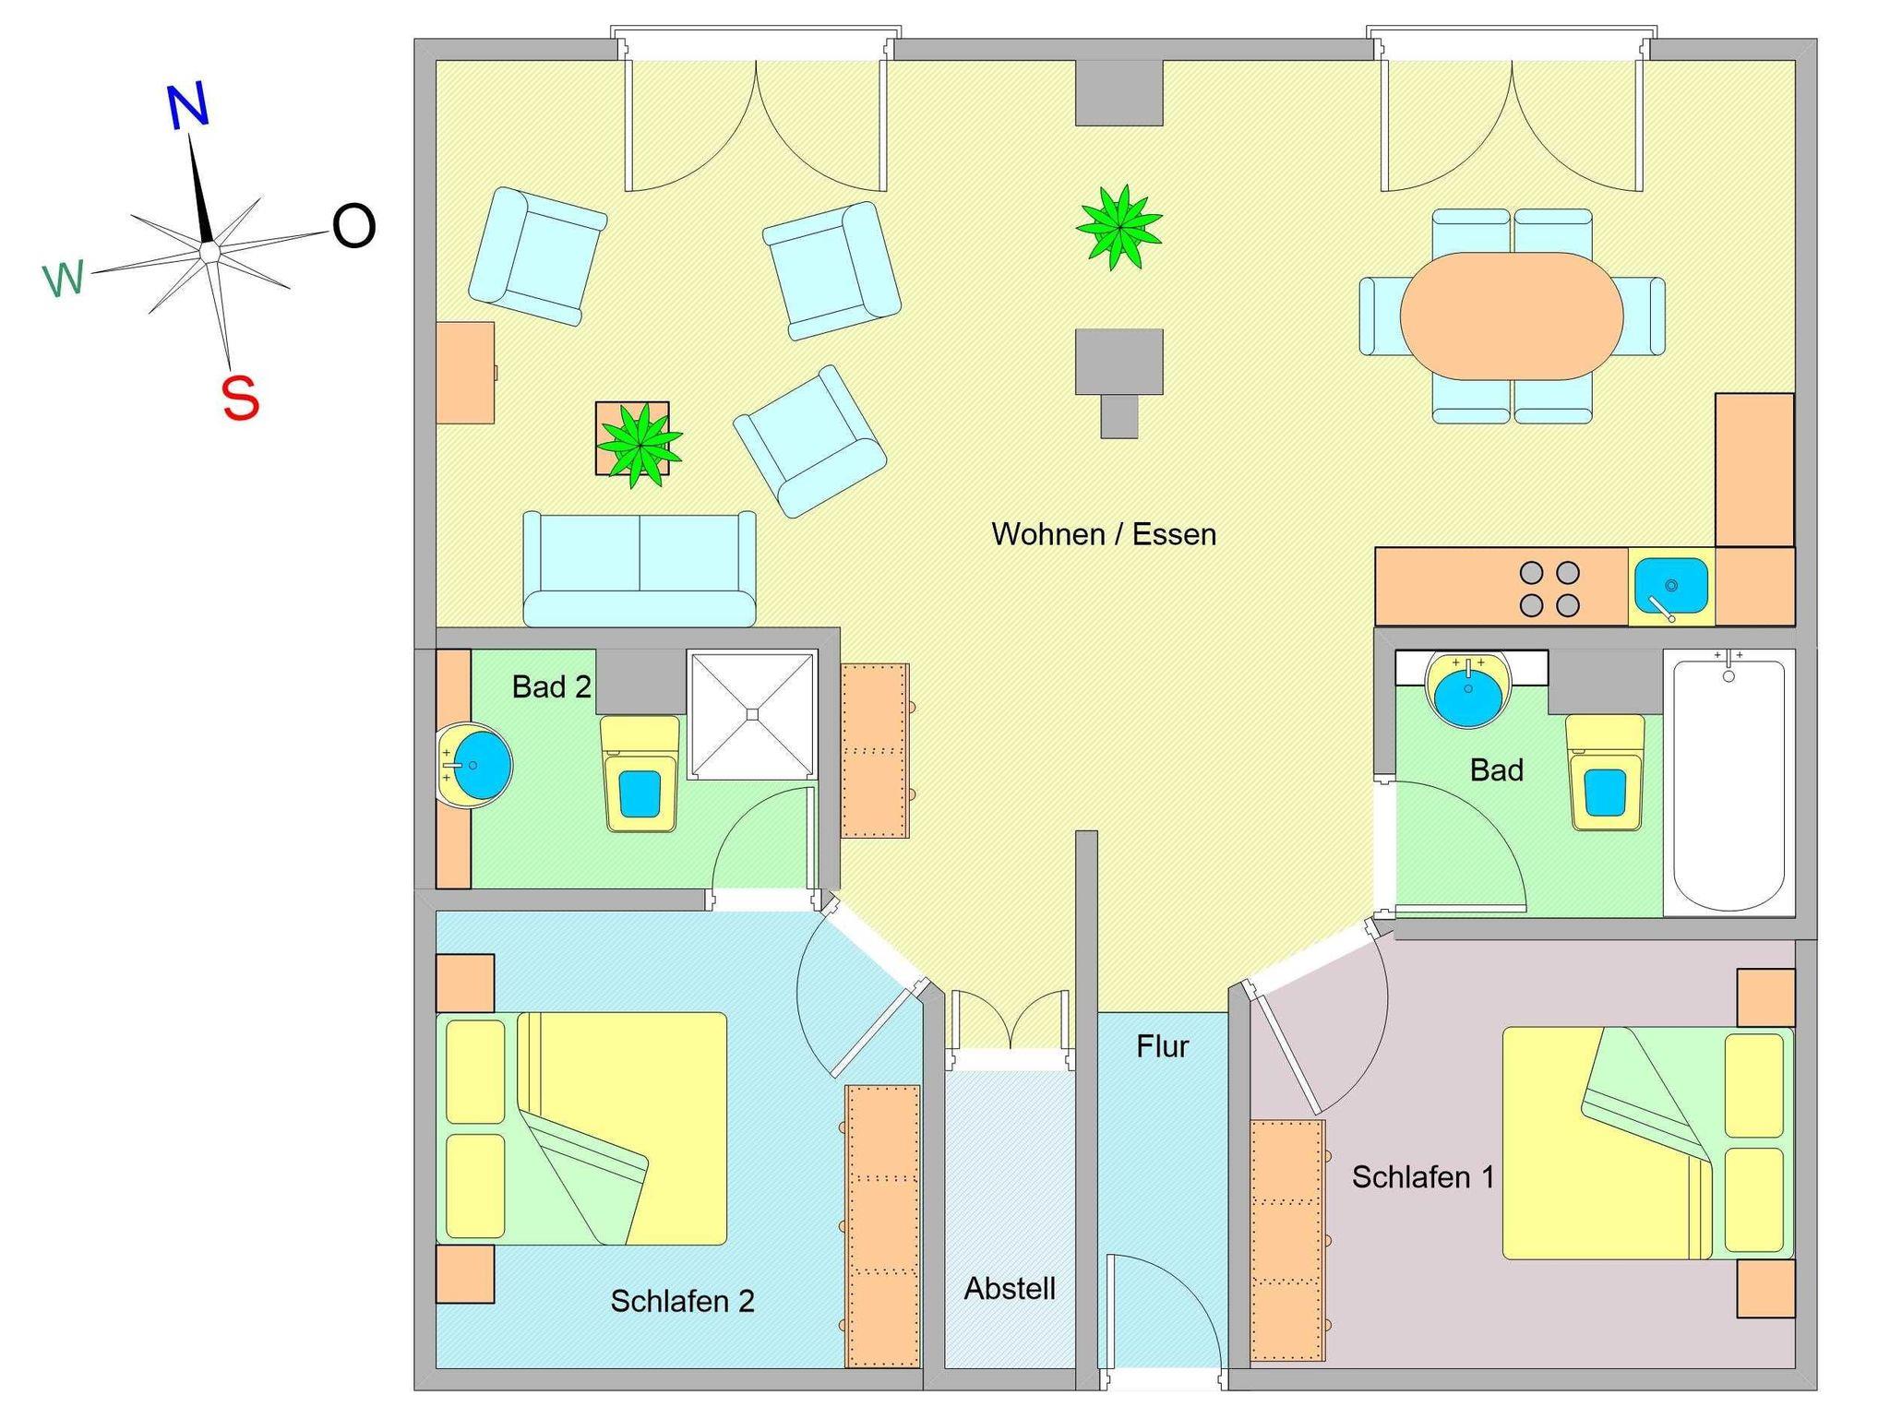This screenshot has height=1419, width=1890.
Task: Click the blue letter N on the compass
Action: (x=188, y=105)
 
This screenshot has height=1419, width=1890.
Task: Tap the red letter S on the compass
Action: (x=240, y=399)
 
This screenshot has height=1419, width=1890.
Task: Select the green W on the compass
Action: (x=64, y=278)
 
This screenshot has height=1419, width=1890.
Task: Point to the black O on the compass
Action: (x=353, y=226)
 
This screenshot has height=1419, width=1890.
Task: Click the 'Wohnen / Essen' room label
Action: (x=1103, y=534)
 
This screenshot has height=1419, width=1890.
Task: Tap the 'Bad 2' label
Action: (x=551, y=686)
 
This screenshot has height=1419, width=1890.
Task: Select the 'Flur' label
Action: (x=1162, y=1046)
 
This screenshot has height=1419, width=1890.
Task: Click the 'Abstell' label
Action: (x=1010, y=1288)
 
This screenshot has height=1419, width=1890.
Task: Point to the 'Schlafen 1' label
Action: (x=1422, y=1176)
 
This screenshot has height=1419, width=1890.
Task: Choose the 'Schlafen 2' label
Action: (x=682, y=1301)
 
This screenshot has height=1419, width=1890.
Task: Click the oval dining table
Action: (x=1511, y=316)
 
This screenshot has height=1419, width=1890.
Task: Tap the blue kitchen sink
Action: (x=1670, y=586)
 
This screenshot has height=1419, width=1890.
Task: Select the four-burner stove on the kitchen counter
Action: (x=1549, y=589)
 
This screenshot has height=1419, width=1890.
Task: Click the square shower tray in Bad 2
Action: (x=752, y=714)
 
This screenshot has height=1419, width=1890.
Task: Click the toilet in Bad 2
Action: (x=640, y=775)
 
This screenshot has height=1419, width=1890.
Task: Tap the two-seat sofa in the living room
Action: (x=640, y=568)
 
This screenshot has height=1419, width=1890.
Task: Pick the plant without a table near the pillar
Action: (x=1118, y=227)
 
